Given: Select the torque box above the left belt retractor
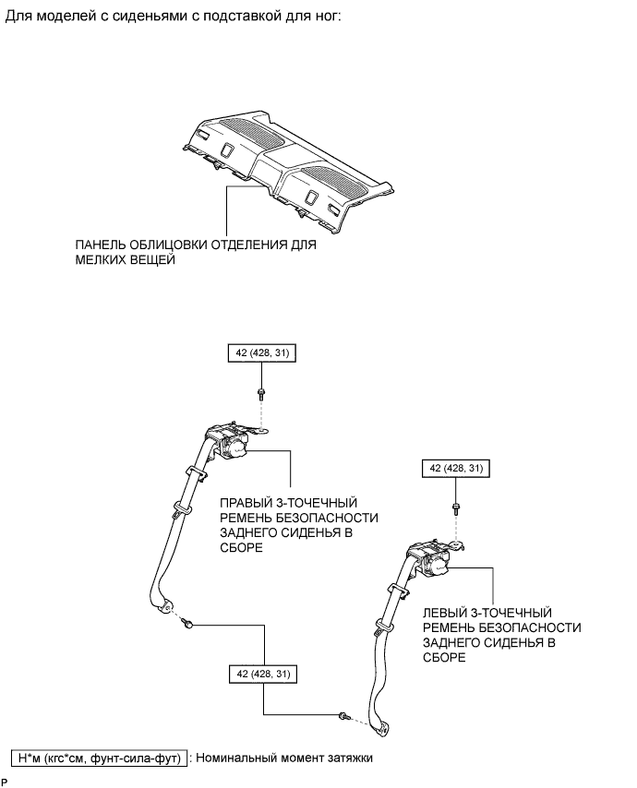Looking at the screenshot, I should (x=456, y=469).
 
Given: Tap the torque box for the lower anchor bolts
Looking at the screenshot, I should (x=263, y=675).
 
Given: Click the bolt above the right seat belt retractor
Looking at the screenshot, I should (x=262, y=395).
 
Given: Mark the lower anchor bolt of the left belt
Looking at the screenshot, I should (x=343, y=716).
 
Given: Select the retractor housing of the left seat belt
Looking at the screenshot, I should (x=428, y=560).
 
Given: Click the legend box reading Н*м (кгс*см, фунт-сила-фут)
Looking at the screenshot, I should (x=99, y=758).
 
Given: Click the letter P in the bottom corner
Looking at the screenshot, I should (x=5, y=781).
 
